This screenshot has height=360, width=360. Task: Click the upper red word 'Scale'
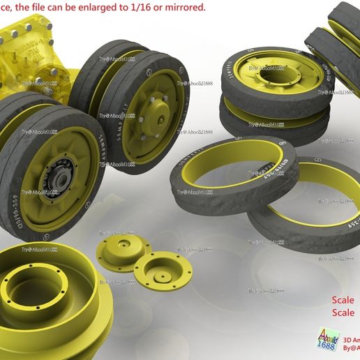[343, 301]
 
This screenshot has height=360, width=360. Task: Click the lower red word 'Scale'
[343, 313]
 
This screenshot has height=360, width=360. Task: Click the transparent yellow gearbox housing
[31, 52]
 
